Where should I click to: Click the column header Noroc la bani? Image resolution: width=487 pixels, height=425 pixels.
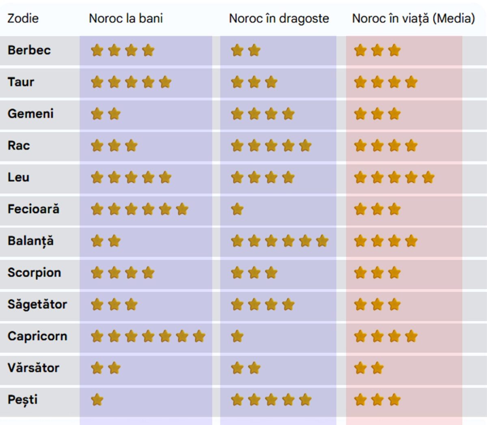(x=126, y=19)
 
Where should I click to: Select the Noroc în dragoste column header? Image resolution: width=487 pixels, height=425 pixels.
(x=279, y=19)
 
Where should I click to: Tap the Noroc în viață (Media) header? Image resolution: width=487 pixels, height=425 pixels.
(x=413, y=19)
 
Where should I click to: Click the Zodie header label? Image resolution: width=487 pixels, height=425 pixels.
(x=23, y=19)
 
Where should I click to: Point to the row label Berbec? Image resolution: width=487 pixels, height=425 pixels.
(x=29, y=50)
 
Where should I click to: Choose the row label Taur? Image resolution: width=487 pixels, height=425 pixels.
(x=21, y=82)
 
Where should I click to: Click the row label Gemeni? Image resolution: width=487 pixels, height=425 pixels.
(x=31, y=114)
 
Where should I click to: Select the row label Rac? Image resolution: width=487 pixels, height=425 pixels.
(x=19, y=145)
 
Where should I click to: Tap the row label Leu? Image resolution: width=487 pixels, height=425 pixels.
(x=19, y=177)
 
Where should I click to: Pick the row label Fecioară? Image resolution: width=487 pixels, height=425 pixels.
(x=34, y=209)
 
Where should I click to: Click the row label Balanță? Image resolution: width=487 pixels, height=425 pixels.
(x=31, y=241)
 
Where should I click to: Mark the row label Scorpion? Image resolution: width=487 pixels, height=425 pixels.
(x=34, y=273)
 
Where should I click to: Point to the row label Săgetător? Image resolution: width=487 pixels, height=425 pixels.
(x=37, y=304)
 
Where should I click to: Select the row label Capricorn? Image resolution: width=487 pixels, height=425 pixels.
(x=37, y=336)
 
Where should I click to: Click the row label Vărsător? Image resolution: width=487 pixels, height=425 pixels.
(x=34, y=368)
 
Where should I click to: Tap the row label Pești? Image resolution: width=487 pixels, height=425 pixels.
(x=23, y=400)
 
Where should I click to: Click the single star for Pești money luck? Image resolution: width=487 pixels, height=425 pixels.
(x=97, y=400)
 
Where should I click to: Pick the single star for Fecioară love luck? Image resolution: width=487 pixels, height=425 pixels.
(x=237, y=209)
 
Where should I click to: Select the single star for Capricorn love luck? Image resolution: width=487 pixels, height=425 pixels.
(x=237, y=336)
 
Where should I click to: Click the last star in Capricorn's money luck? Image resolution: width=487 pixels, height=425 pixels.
(x=199, y=336)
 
